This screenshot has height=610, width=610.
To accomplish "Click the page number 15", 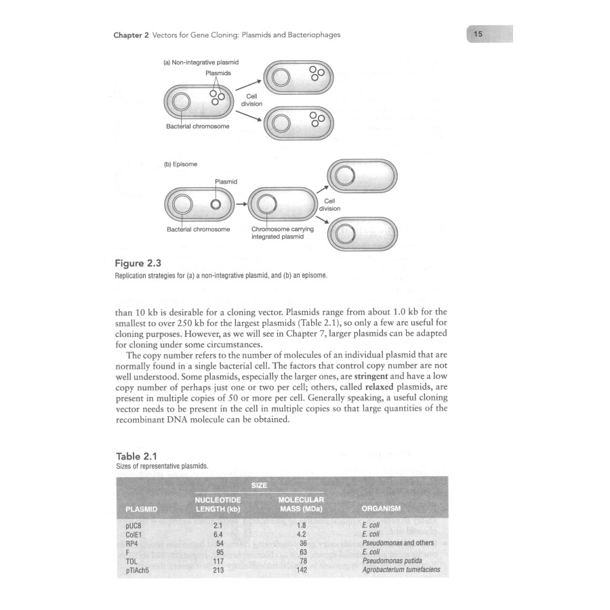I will (x=479, y=34).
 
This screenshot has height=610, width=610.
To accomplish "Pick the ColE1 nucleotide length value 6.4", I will (x=218, y=534).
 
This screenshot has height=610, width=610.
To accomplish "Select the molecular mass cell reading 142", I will (x=302, y=569).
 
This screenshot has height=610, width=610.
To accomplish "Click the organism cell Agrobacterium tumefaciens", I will (x=401, y=569).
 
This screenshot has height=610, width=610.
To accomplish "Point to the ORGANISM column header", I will (x=382, y=508).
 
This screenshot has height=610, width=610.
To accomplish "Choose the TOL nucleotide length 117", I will (x=218, y=561).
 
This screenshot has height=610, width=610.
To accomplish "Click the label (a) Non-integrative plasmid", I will (x=201, y=62).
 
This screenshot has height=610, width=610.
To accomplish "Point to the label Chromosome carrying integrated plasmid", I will (x=283, y=233).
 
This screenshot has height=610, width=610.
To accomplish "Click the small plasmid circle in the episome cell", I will (x=215, y=204).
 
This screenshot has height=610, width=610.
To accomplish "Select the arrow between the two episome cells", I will (x=241, y=204).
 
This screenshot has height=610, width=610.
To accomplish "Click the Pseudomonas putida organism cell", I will (x=392, y=561).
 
